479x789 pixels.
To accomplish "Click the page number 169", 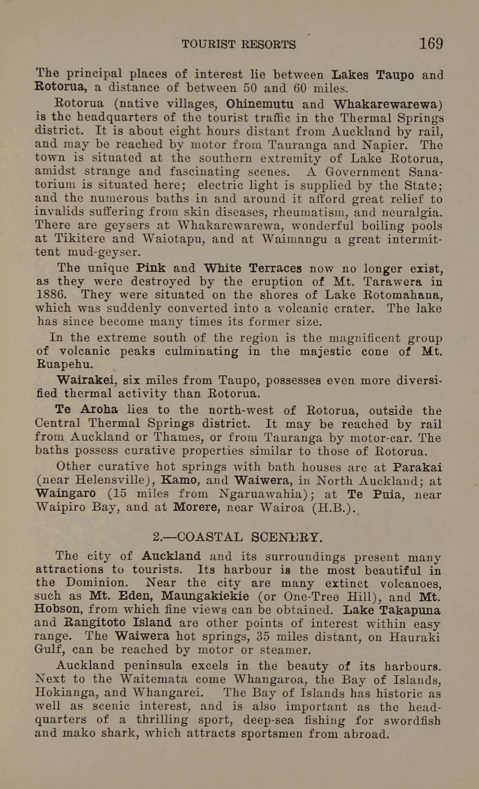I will pos(431,43).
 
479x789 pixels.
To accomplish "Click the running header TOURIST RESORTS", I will pos(239,44).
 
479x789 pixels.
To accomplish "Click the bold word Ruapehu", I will pos(64,364).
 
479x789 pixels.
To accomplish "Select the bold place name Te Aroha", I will pos(86,410).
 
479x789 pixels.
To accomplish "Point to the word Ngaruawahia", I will pos(264,494).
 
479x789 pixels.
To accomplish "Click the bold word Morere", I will pos(195,508).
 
